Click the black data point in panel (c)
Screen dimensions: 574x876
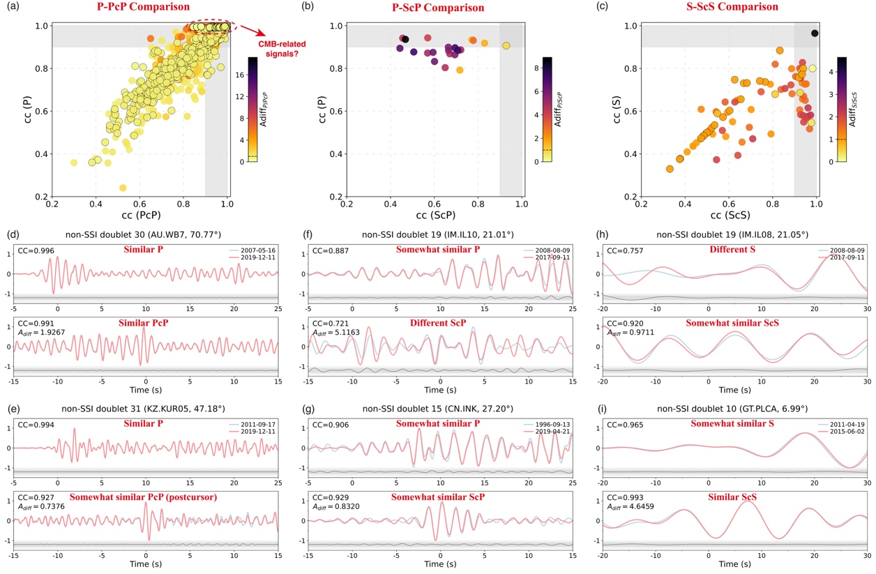point(815,33)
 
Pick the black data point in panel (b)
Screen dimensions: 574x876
point(405,39)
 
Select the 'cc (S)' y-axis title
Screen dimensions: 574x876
point(611,110)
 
